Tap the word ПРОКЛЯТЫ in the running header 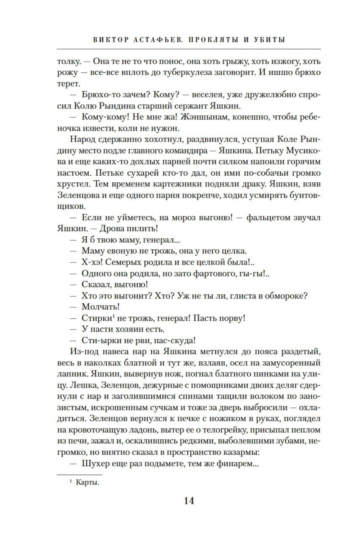click(213, 40)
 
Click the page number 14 click(189, 501)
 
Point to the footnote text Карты click(87, 482)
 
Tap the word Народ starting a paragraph click(82, 140)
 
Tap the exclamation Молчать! click(101, 307)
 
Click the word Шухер click(95, 464)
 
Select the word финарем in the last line click(235, 464)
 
